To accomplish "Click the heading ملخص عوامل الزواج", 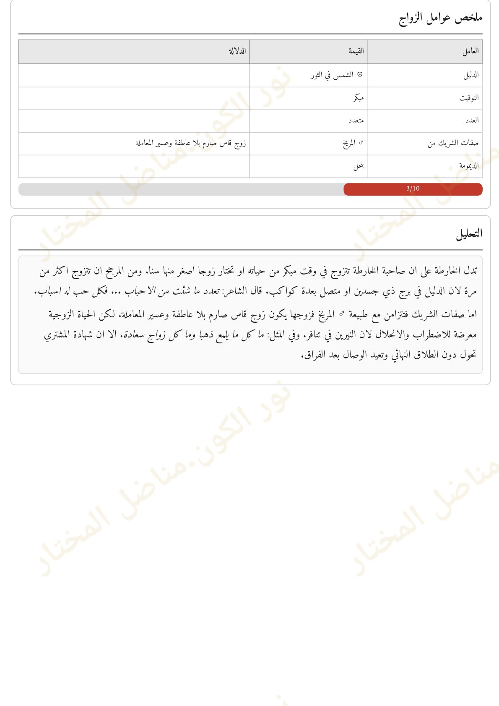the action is click(x=440, y=18).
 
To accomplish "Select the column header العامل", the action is click(x=470, y=51).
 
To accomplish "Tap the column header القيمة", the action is click(x=356, y=51).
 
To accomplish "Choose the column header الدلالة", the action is click(x=237, y=51).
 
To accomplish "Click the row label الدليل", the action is click(x=471, y=75).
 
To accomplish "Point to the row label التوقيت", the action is click(x=469, y=98).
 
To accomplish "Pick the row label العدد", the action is click(x=472, y=120).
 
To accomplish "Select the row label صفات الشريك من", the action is click(x=453, y=143).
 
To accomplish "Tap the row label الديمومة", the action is click(x=469, y=166).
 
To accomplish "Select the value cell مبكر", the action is click(x=358, y=98).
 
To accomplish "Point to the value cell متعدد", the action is click(x=356, y=120).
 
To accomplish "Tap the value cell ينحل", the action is click(x=359, y=166).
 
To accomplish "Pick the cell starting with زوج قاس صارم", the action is click(x=190, y=143).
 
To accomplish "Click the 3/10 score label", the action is click(x=413, y=188).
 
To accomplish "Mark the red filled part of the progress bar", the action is click(x=377, y=189).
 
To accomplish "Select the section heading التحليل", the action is click(x=469, y=234).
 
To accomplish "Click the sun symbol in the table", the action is click(x=360, y=75).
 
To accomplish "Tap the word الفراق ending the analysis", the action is click(x=312, y=355).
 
